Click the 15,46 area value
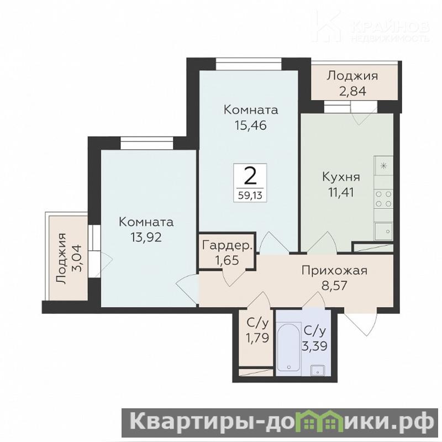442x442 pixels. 251,125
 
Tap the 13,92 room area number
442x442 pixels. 146,238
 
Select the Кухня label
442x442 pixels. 341,177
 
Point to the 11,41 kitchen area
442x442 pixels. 341,192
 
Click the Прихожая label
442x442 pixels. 334,271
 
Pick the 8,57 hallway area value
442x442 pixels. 334,286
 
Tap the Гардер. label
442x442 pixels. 227,246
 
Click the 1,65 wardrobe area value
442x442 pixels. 227,260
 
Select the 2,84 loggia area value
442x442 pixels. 352,91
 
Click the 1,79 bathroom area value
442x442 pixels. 256,338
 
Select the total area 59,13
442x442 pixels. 250,195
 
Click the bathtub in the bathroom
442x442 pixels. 288,347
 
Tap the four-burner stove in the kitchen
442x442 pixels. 383,199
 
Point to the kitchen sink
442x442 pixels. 383,231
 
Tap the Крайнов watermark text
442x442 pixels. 390,27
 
